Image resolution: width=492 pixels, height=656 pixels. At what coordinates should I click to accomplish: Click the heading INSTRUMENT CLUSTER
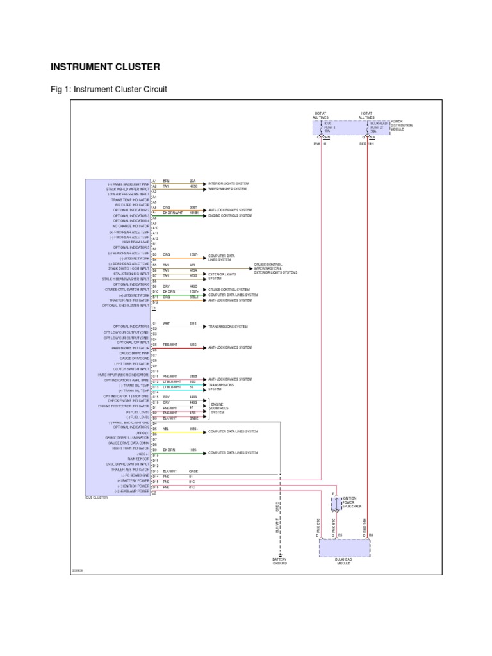pos(105,66)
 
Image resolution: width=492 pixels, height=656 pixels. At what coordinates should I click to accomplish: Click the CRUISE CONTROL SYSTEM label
pos(229,289)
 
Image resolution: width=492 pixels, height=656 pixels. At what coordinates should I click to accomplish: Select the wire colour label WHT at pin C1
pos(166,324)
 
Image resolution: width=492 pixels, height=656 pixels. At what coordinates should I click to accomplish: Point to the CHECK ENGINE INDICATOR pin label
pos(129,401)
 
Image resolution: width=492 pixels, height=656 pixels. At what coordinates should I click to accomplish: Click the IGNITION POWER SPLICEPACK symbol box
pos(335,505)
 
